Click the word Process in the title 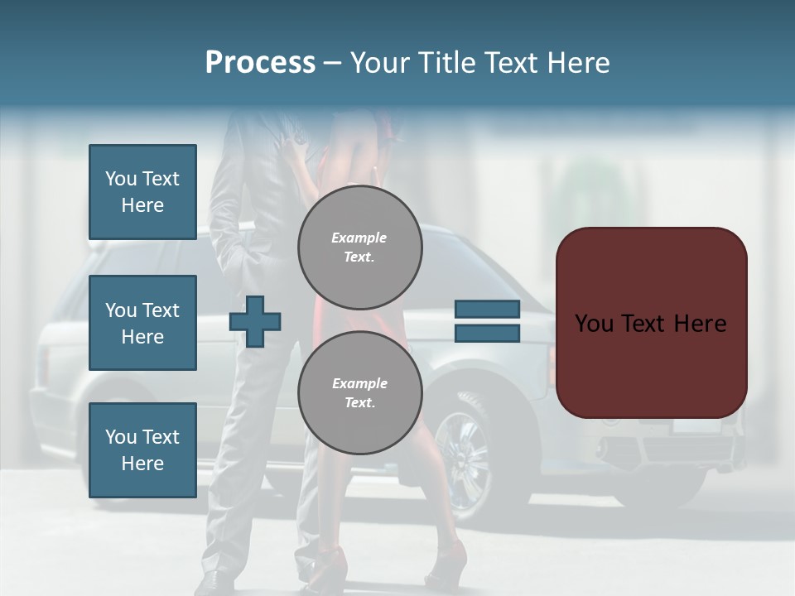(260, 63)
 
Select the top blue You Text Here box (142, 192)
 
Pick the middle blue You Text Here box (142, 323)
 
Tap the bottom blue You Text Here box (142, 449)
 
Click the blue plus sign (255, 321)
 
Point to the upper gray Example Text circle (360, 247)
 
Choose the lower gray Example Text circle (360, 392)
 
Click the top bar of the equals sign (487, 309)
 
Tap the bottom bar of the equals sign (487, 333)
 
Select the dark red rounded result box (651, 323)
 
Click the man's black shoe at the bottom (214, 581)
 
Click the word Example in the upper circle (359, 238)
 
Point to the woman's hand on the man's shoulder (291, 149)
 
